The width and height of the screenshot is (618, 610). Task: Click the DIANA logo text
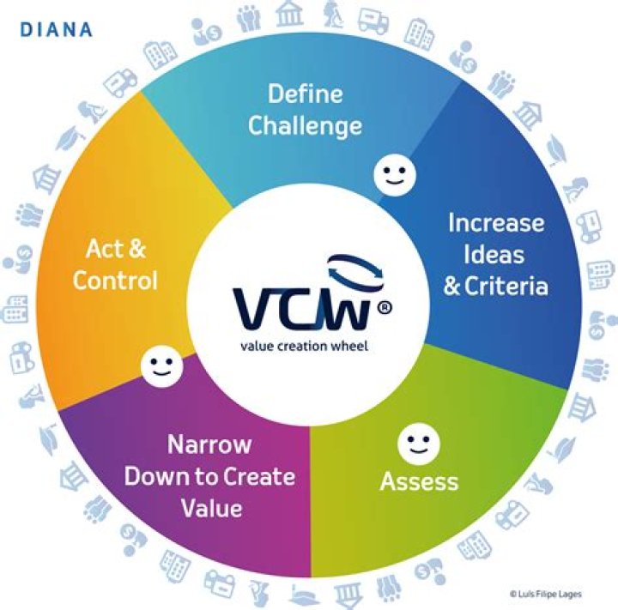(56, 30)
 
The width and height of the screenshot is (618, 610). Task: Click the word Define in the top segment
(305, 94)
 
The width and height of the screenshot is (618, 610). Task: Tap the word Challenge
(305, 126)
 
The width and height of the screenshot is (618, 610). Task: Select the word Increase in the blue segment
(496, 222)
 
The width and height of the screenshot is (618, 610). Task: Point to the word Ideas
(494, 254)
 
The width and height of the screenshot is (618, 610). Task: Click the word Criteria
(506, 286)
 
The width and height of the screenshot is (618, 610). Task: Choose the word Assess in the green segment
(419, 481)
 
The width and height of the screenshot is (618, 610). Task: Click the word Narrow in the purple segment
(209, 444)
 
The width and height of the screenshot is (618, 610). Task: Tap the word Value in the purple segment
(212, 508)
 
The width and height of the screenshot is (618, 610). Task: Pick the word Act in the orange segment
(102, 249)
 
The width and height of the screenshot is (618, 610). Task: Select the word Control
(115, 281)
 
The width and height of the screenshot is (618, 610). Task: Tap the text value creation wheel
(304, 346)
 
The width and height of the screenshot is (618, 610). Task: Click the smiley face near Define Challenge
(395, 174)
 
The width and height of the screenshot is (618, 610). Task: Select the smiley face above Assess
(419, 444)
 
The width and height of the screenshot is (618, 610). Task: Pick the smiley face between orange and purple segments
(161, 366)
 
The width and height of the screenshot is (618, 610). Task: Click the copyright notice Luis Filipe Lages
(546, 594)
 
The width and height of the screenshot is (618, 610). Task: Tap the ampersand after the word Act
(136, 249)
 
